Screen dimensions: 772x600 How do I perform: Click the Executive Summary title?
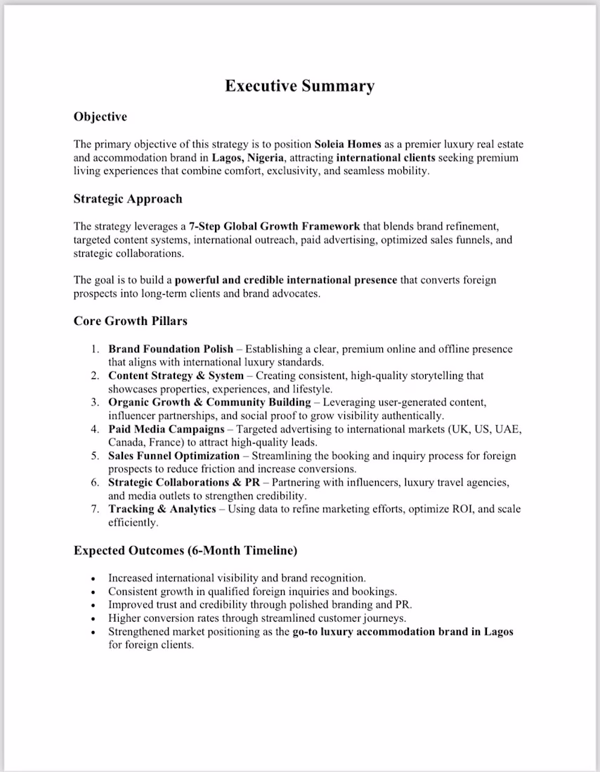[299, 86]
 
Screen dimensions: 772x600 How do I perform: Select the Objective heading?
[100, 117]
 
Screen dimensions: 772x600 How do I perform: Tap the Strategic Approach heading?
[127, 199]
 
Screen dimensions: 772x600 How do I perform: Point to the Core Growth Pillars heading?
[130, 321]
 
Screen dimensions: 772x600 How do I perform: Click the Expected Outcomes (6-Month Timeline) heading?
[185, 550]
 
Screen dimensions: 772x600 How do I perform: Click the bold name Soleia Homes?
[348, 145]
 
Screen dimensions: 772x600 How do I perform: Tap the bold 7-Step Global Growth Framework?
[274, 227]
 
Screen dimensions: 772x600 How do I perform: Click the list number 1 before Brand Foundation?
[95, 349]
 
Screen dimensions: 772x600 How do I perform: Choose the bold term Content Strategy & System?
[176, 375]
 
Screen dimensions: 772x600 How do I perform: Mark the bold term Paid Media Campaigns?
[166, 429]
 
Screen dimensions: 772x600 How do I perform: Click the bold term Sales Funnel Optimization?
[174, 455]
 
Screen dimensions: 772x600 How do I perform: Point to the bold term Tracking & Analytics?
[162, 509]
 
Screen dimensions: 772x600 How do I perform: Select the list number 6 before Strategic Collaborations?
[95, 482]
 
